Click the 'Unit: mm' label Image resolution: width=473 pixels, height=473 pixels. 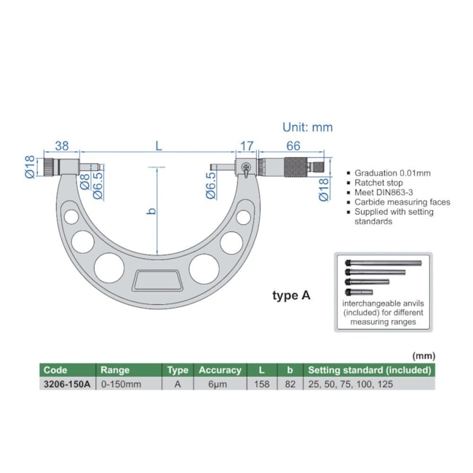point(307,127)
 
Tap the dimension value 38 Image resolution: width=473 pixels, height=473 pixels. point(61,146)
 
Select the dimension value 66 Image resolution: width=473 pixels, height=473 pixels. point(293,146)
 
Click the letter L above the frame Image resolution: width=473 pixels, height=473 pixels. point(158,146)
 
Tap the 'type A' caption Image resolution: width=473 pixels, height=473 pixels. point(291,295)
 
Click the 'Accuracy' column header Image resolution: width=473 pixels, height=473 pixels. point(220,370)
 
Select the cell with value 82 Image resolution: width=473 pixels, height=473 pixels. point(290,383)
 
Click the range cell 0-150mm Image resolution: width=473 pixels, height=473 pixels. point(121,383)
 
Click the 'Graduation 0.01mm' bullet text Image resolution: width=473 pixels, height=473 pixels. point(392,173)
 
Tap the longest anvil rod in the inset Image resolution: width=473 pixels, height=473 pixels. point(384,263)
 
